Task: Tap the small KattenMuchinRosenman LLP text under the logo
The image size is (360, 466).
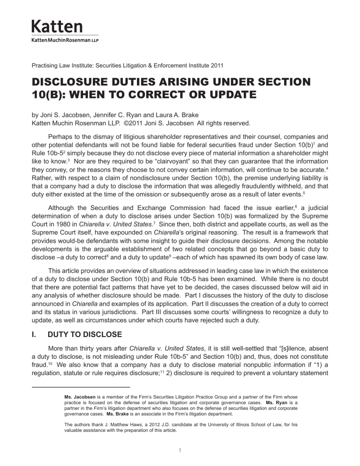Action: click(x=65, y=40)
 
